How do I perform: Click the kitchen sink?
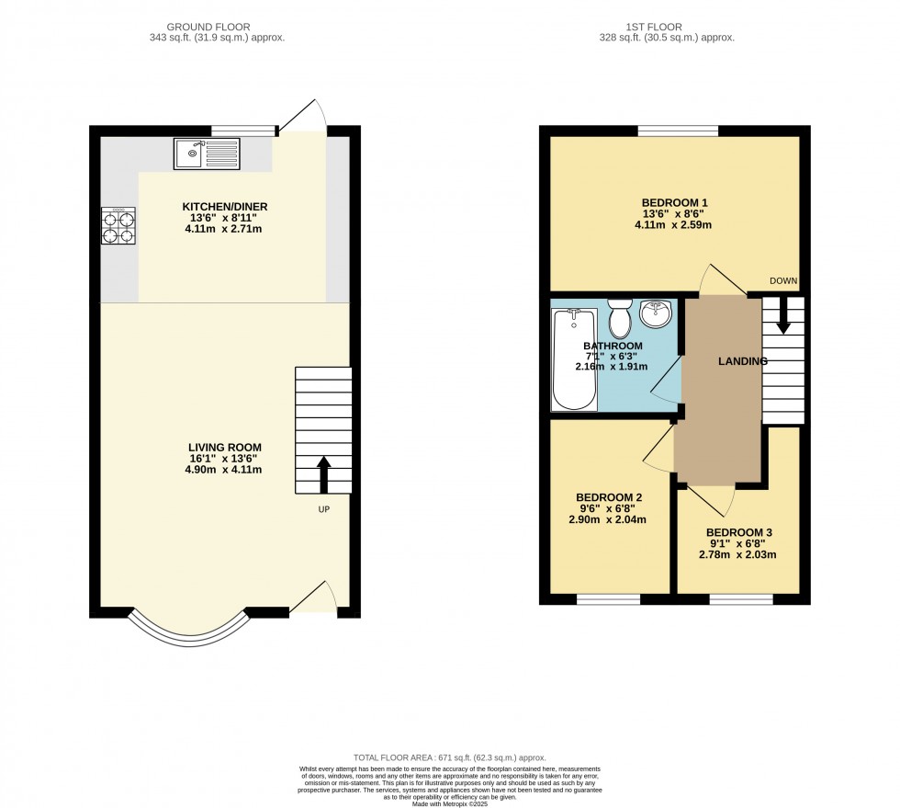[x=206, y=154]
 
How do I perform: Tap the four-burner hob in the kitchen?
[x=118, y=226]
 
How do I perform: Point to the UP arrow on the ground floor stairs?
[x=323, y=472]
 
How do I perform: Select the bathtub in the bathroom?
[x=574, y=359]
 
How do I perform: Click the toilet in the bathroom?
[x=620, y=319]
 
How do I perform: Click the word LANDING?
[x=742, y=361]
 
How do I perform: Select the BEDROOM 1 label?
[x=675, y=202]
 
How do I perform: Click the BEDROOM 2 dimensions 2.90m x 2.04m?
[x=607, y=519]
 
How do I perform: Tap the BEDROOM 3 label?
[x=739, y=532]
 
